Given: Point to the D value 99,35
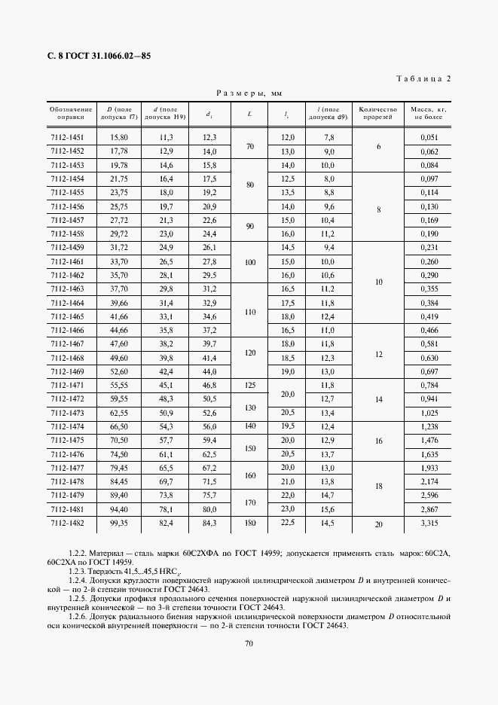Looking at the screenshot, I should [119, 523].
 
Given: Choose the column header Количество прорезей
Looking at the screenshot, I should [377, 114].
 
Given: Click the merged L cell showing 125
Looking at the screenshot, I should [250, 385].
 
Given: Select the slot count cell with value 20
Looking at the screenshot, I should [377, 523].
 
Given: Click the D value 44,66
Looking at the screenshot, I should [119, 330].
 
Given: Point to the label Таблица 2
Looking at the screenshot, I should [423, 78].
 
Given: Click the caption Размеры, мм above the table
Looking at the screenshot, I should [249, 93].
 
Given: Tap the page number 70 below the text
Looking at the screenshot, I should [249, 643].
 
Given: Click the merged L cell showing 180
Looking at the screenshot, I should [250, 523].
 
